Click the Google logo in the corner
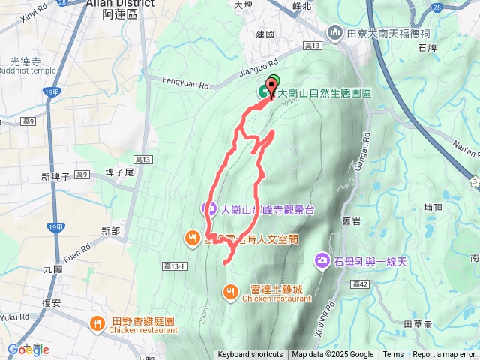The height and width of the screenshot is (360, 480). click(x=28, y=349)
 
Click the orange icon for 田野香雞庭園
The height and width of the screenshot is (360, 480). click(x=97, y=324)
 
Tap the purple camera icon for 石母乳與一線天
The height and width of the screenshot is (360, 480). click(x=322, y=259)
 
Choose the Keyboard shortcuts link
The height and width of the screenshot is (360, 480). click(x=250, y=355)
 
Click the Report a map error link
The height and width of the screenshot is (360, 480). click(x=444, y=355)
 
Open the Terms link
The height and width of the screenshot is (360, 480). click(x=393, y=355)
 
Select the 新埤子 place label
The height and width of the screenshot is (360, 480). click(x=55, y=177)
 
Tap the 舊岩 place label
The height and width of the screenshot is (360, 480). click(x=352, y=220)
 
